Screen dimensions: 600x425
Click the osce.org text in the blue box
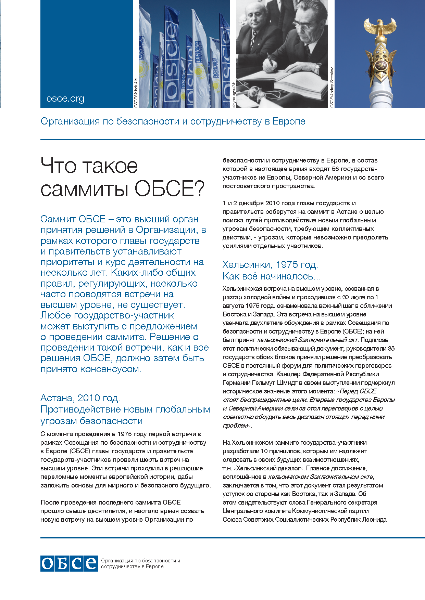tap(65, 99)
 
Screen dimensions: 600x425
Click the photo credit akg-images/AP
tap(234, 94)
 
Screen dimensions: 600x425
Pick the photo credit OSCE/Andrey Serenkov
tap(332, 87)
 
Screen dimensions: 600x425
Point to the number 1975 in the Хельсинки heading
tap(287, 265)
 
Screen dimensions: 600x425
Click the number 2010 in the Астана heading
tap(89, 398)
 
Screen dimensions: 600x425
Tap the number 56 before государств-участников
tap(335, 169)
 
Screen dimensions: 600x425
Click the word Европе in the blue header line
tap(289, 121)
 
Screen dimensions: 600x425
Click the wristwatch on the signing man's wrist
tap(315, 69)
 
